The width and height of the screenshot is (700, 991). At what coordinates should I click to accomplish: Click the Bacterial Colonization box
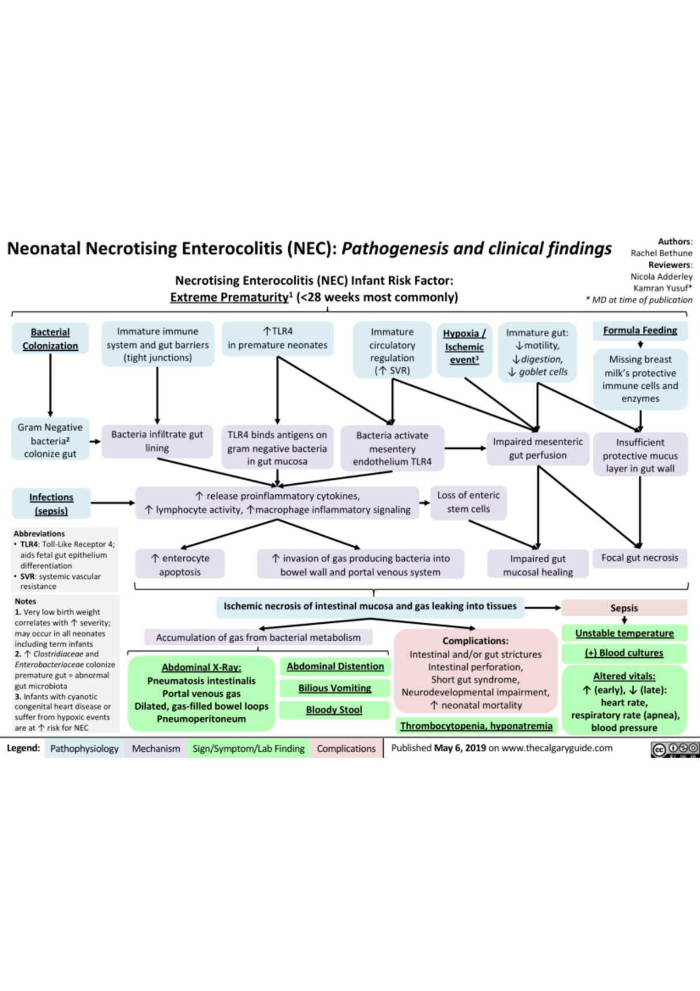pos(50,339)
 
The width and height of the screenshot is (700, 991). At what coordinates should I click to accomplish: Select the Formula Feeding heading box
pos(640,330)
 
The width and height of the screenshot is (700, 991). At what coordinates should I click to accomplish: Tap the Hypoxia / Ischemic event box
pos(464,347)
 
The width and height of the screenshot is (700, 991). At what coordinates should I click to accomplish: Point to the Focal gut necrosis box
pos(640,558)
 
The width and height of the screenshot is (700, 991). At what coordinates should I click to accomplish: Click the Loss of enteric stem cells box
pos(468,502)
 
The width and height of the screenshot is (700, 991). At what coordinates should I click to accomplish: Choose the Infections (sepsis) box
pos(51,504)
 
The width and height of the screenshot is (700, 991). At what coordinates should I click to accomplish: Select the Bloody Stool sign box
pos(334,710)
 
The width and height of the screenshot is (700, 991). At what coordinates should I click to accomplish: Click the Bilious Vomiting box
pos(334,688)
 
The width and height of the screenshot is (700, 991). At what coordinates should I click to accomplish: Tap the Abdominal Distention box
pos(335,667)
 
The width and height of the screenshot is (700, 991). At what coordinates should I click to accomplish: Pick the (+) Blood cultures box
pos(624,653)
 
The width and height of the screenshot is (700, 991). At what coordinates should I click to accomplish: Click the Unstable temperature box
pos(624,633)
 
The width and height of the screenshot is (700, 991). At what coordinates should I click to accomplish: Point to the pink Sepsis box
pos(624,608)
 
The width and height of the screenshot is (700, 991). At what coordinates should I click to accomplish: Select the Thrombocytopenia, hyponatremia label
pos(476,725)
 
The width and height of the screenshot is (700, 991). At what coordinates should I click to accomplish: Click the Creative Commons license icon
pos(675,749)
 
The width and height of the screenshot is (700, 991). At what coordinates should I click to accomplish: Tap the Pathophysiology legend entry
pos(84,748)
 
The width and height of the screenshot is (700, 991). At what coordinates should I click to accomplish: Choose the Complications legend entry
pos(346,748)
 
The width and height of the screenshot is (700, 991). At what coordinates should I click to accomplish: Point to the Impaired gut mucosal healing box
pos(538,565)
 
